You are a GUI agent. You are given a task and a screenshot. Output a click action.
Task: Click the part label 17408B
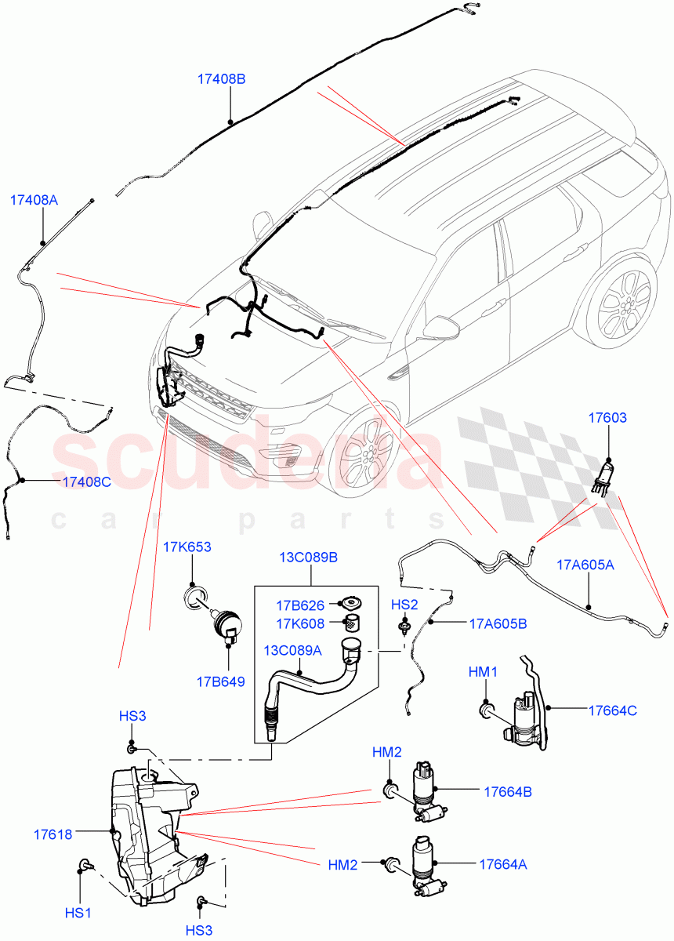pyautogui.click(x=222, y=79)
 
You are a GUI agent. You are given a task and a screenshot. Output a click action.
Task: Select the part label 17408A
pyautogui.click(x=34, y=200)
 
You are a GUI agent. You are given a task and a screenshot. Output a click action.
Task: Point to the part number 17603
pyautogui.click(x=607, y=418)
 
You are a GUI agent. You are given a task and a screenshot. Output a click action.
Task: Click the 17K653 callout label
pyautogui.click(x=187, y=547)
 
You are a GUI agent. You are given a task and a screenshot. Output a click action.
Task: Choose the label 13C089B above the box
pyautogui.click(x=310, y=558)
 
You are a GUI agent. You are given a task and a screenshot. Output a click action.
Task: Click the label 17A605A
pyautogui.click(x=585, y=564)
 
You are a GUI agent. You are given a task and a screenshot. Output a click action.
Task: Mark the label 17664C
pyautogui.click(x=613, y=710)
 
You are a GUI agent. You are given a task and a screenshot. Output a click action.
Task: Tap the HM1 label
pyautogui.click(x=483, y=672)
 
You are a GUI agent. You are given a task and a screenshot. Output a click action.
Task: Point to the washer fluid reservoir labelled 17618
pyautogui.click(x=149, y=831)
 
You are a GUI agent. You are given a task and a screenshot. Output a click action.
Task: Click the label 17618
pyautogui.click(x=53, y=834)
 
